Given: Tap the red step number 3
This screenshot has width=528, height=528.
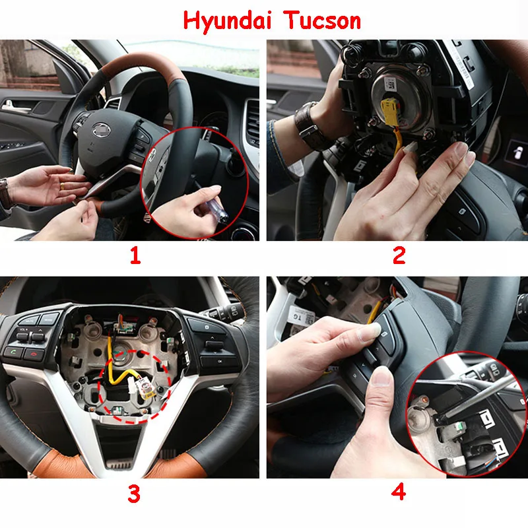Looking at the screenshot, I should [x=135, y=492].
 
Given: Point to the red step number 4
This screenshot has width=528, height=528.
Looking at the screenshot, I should [x=399, y=492].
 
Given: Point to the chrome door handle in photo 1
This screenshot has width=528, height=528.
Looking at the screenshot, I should [x=15, y=104].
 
